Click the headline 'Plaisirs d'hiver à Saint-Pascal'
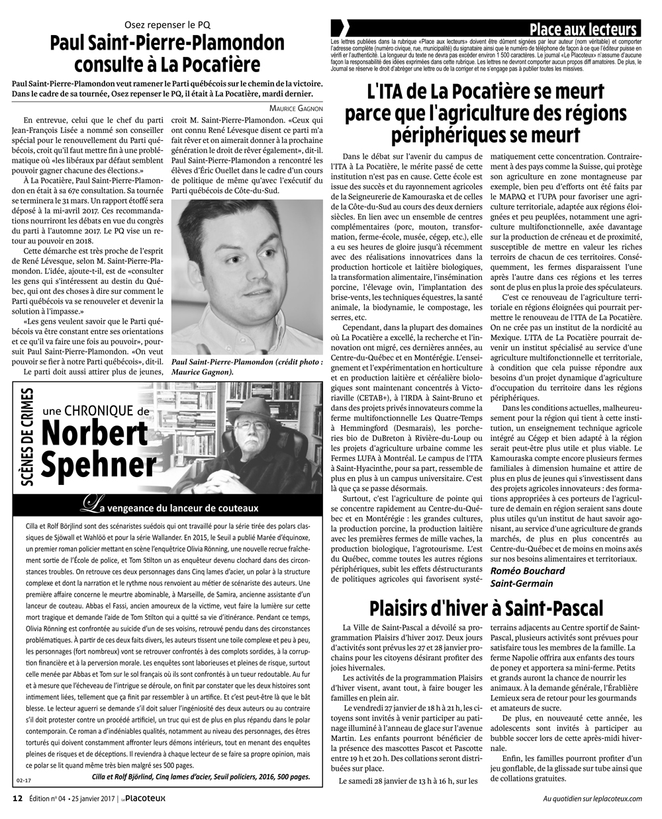(x=487, y=607)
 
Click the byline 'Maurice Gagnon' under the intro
(x=296, y=108)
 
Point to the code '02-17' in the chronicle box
(x=23, y=779)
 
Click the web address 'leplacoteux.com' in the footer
(x=614, y=798)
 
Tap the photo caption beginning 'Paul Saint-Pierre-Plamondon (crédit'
(x=247, y=367)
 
